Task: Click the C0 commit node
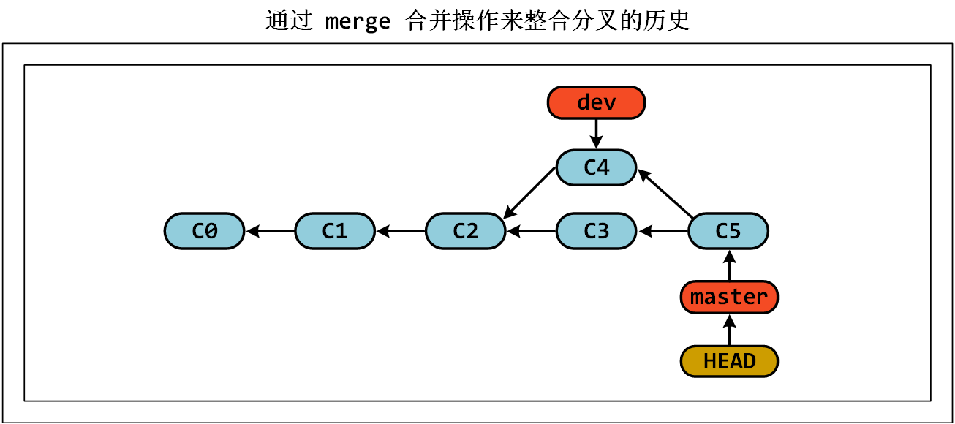coord(204,231)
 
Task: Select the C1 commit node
coord(335,231)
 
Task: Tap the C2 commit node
coord(466,231)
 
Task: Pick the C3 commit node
coord(597,231)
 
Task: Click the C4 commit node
coord(597,167)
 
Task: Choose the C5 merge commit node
coord(728,231)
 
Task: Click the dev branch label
coord(597,102)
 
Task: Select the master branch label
coord(729,297)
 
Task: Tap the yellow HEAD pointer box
coord(729,361)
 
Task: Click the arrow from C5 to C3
coord(663,232)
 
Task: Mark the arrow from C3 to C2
coord(532,232)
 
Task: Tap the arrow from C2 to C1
coord(401,232)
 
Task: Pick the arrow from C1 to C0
coord(271,232)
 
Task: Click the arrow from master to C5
coord(729,265)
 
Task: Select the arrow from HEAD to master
coord(729,330)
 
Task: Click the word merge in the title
coord(358,21)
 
